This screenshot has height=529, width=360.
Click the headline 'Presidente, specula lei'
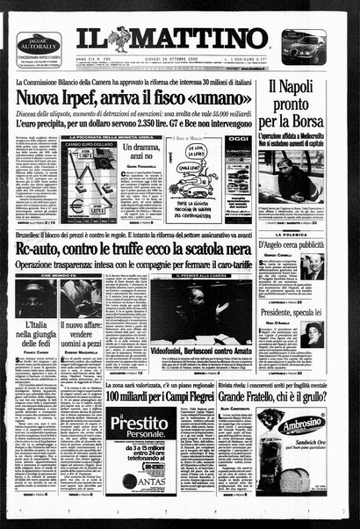[x=302, y=310]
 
